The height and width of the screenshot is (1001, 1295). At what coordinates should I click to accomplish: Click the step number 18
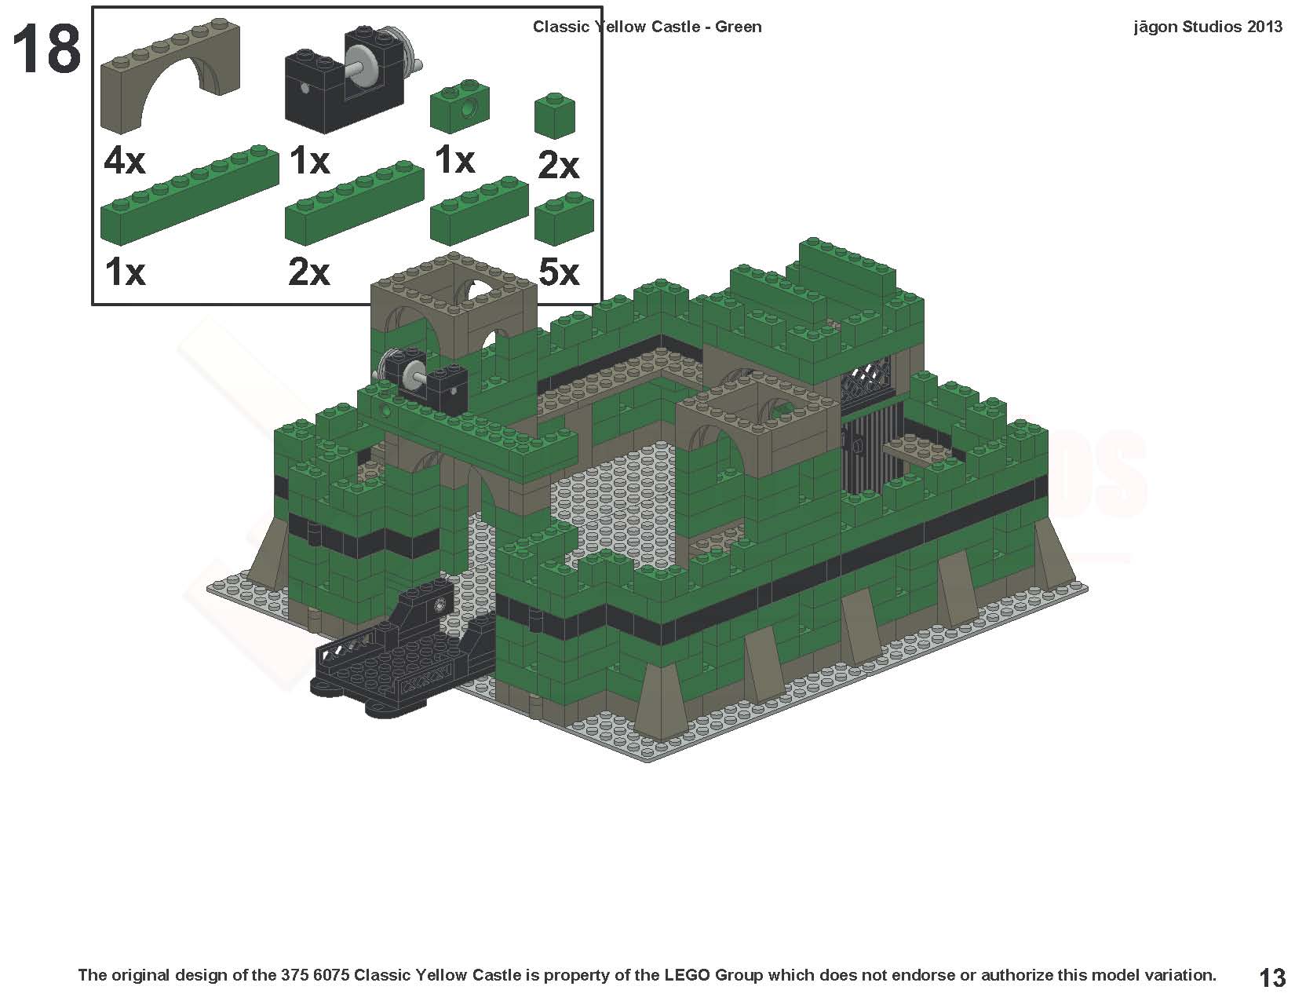pyautogui.click(x=46, y=49)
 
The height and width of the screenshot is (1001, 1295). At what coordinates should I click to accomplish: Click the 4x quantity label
pyautogui.click(x=124, y=162)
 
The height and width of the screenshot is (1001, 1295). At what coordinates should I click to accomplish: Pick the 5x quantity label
pyautogui.click(x=558, y=273)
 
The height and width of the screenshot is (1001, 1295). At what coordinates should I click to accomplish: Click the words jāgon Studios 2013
pyautogui.click(x=1207, y=27)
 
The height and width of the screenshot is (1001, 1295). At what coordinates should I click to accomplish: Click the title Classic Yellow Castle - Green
pyautogui.click(x=647, y=27)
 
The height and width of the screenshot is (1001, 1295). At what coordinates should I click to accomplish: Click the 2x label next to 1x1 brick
pyautogui.click(x=558, y=166)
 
